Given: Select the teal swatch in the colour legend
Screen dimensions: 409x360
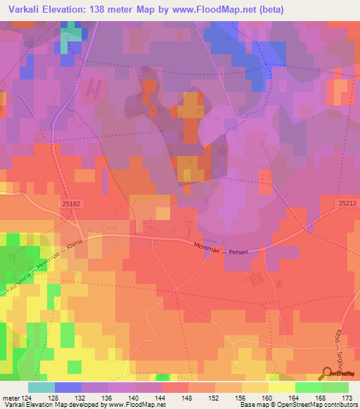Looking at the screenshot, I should point(41,387).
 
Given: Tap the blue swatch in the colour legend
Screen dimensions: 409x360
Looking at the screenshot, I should point(68,387).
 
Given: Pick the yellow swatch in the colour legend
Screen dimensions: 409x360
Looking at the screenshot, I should point(281,387).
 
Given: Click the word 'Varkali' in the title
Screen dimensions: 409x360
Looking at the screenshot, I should point(23,10).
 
